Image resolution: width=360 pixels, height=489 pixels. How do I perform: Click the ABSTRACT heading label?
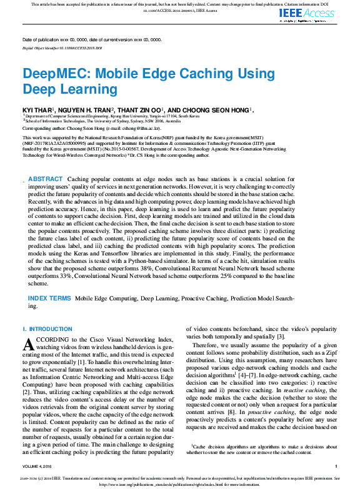coord(46,161)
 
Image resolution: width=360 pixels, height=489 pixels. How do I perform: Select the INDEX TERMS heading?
coord(49,299)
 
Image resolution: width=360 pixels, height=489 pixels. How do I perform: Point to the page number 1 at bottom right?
coord(336,466)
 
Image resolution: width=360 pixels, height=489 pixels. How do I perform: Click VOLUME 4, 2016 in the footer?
coord(39,466)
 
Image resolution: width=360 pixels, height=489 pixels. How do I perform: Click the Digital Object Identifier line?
coord(62,47)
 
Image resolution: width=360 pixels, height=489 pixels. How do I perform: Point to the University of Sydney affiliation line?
coord(102,121)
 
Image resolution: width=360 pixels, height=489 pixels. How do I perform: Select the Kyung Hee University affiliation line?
coord(112,116)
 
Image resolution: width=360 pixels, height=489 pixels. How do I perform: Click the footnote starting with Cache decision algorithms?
coord(262,449)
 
